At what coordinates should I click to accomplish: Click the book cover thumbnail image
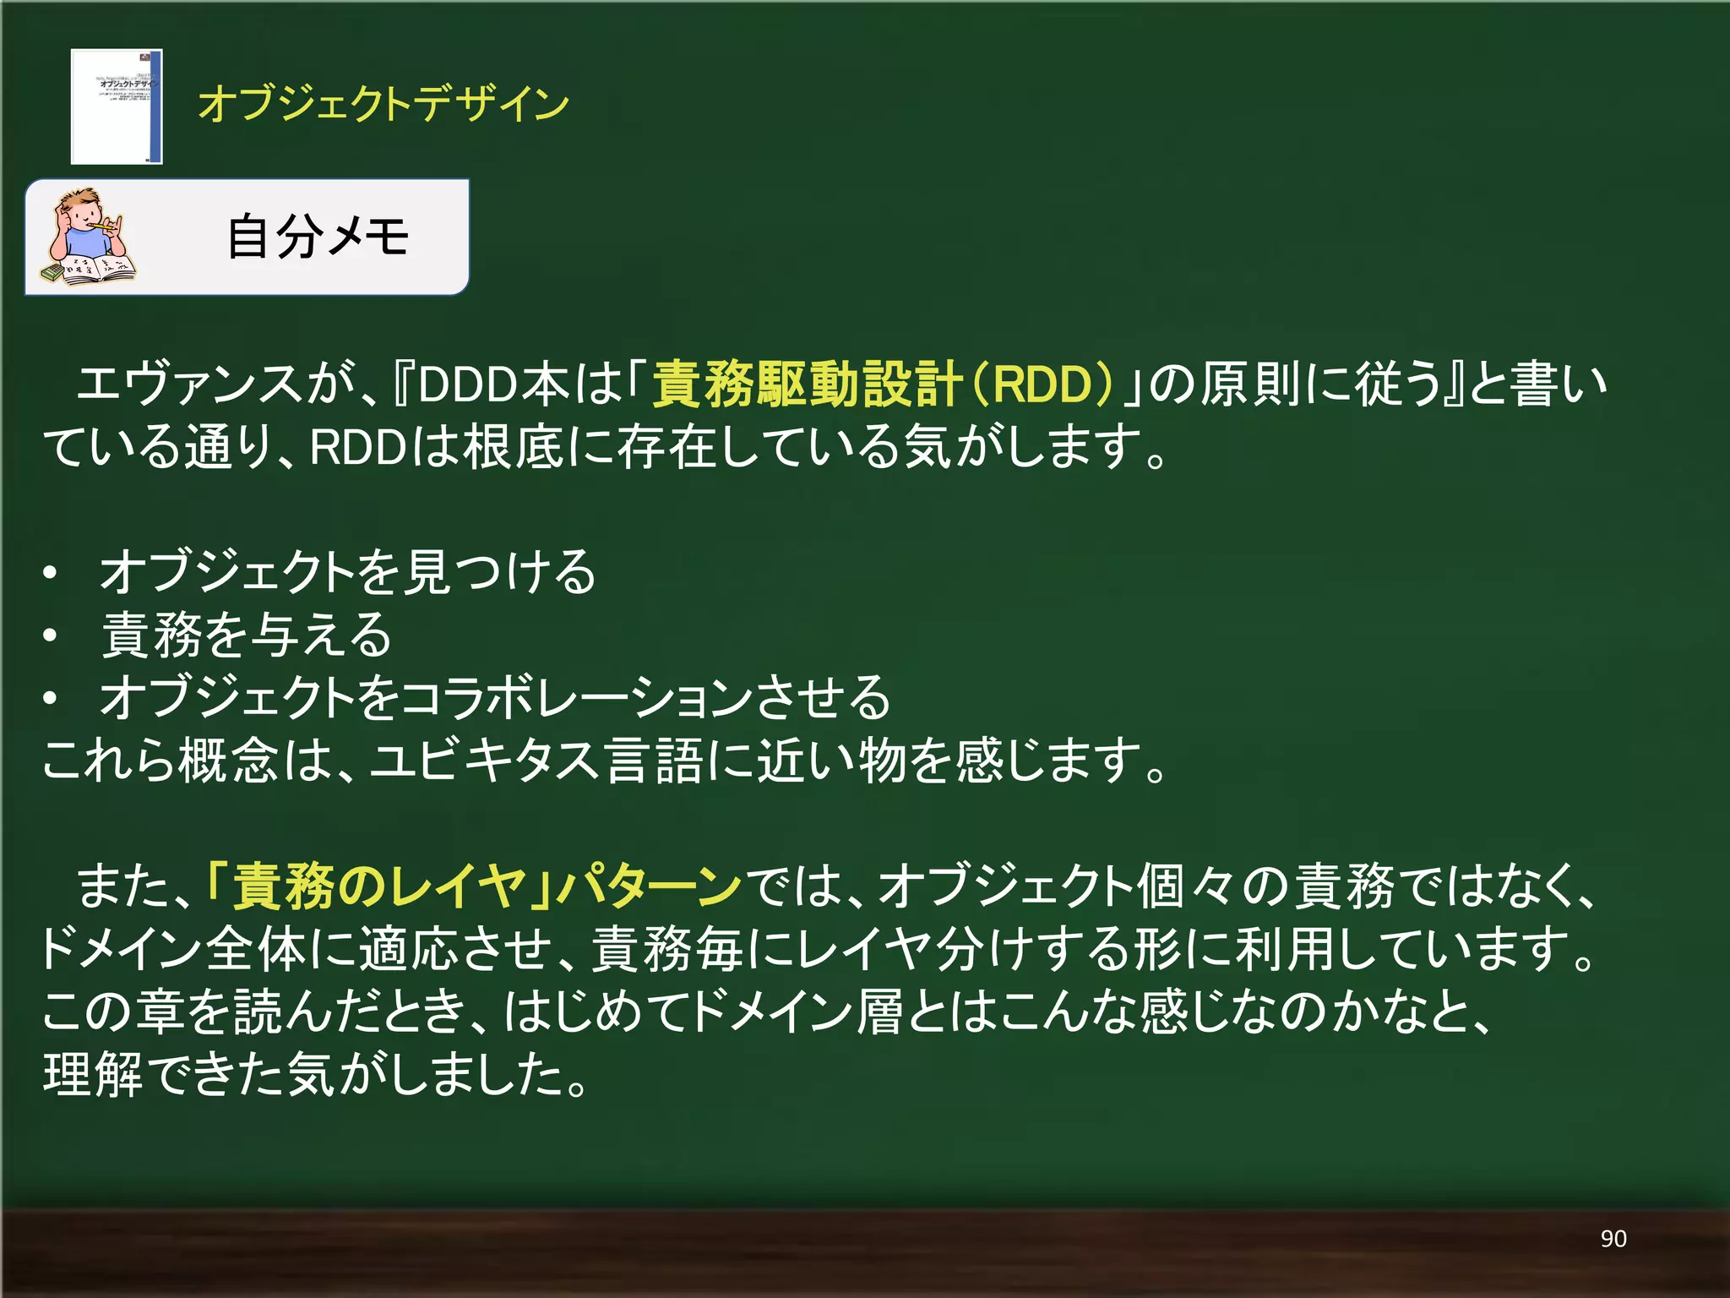click(x=117, y=106)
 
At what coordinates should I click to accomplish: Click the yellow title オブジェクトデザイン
click(x=384, y=104)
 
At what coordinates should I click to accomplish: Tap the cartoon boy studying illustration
click(x=88, y=237)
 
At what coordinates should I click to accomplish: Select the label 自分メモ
click(x=318, y=236)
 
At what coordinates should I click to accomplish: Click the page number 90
click(x=1613, y=1239)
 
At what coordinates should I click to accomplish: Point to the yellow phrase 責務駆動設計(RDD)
click(x=882, y=384)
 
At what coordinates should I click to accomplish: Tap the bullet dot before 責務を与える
click(x=51, y=635)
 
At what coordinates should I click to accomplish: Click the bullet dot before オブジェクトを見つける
click(x=51, y=573)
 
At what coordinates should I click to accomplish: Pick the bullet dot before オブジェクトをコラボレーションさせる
click(x=51, y=698)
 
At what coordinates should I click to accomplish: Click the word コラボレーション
click(x=577, y=698)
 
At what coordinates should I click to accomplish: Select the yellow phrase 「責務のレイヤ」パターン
click(x=474, y=886)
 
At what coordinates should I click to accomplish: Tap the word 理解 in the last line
click(x=93, y=1074)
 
